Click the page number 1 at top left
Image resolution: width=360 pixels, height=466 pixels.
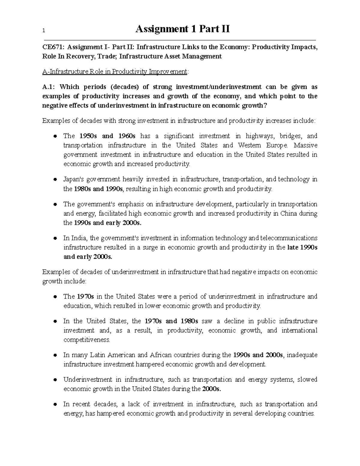(44, 30)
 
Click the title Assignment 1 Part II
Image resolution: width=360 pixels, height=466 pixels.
(183, 29)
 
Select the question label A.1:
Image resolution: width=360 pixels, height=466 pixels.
(49, 87)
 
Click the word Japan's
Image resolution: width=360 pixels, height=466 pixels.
(73, 179)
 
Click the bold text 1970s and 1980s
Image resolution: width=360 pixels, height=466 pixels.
(171, 321)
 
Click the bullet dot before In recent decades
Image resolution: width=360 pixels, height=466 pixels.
(55, 404)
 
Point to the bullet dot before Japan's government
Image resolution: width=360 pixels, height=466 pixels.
(55, 180)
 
